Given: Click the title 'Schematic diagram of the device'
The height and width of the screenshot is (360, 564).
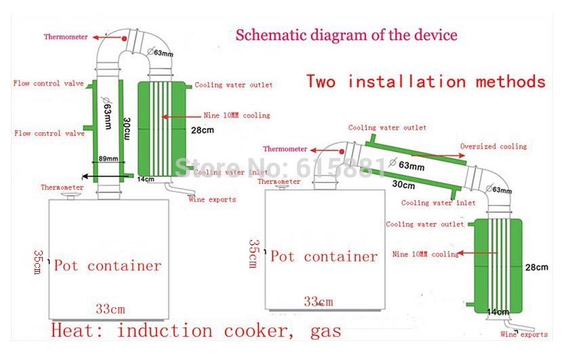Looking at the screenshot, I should click(346, 35).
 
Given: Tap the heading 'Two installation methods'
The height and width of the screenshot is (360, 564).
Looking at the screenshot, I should click(426, 81).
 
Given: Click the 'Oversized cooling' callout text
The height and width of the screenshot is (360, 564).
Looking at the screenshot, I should click(493, 146).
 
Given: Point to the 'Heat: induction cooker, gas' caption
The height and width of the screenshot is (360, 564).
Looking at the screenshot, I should click(197, 331).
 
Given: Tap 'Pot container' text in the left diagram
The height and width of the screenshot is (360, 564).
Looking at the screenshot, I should click(108, 265).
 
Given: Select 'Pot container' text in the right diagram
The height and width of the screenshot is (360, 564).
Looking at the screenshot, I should click(324, 256).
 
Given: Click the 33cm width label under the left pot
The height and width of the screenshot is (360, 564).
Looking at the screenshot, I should click(110, 309).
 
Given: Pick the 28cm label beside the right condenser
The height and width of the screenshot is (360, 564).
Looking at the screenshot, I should click(536, 267).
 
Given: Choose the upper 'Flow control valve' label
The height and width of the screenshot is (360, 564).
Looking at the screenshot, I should click(48, 84).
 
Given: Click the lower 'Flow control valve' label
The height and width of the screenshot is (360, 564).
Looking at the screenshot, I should click(49, 134).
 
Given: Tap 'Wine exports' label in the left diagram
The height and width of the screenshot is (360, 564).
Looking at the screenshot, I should click(213, 199).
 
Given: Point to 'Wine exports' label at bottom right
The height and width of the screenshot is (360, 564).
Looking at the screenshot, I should click(524, 334).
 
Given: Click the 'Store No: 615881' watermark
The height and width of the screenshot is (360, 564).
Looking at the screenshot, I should click(281, 165).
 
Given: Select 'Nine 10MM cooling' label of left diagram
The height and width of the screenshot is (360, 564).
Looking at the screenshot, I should click(237, 115).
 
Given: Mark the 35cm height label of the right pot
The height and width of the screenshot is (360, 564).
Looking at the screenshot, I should click(253, 253).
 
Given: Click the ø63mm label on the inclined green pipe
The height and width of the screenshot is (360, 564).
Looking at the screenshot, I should click(408, 164).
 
